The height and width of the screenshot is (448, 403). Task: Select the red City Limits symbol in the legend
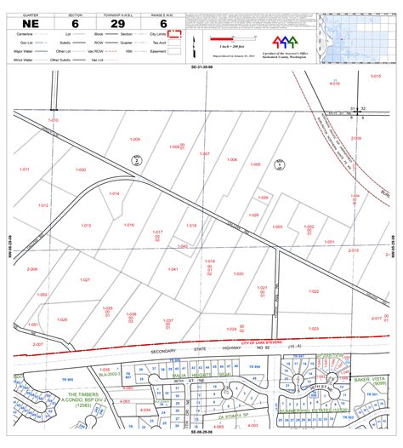177,34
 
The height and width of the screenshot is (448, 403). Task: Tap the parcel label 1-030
81,169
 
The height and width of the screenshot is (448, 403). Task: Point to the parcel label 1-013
86,225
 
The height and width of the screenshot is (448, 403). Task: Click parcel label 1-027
84,256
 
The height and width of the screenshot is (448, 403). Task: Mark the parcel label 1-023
313,328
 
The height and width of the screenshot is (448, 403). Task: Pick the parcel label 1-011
25,169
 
